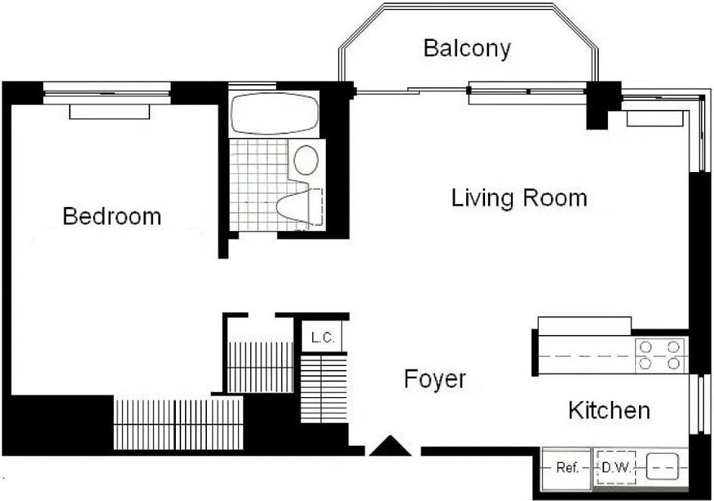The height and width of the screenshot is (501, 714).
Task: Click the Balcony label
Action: (467, 49)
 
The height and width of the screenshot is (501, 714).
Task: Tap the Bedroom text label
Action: (112, 216)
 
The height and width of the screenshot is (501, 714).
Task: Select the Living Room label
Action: (519, 198)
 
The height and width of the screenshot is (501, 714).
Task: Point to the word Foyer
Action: (435, 379)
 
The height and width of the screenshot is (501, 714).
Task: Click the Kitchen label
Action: (609, 410)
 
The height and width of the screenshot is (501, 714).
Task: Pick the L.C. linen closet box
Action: (323, 337)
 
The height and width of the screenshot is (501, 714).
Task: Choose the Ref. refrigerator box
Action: (568, 468)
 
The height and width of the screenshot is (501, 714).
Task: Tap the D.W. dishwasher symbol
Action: (616, 468)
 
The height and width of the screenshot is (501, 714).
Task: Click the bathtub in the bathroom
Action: (273, 114)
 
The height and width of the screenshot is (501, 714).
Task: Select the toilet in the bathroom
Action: (299, 207)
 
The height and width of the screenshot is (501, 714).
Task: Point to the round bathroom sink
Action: (306, 160)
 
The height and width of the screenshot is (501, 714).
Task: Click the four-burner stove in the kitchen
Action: (660, 355)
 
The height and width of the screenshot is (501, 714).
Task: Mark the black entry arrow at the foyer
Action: (390, 446)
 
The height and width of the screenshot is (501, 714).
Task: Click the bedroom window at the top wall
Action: (107, 93)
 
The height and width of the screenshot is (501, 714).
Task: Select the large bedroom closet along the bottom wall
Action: (178, 423)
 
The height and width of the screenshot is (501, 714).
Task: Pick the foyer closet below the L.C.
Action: (324, 389)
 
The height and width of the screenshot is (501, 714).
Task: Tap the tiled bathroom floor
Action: (258, 184)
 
